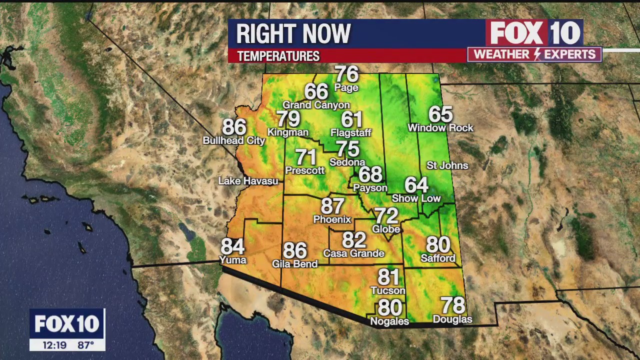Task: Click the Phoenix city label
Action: (x=332, y=219)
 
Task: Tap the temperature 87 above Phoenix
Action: (x=332, y=205)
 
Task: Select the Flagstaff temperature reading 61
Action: (x=351, y=119)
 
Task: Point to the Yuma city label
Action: (x=233, y=260)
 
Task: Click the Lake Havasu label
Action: (x=248, y=181)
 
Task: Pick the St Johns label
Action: (x=447, y=165)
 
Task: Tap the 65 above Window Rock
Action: (x=440, y=114)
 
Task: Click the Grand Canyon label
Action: (x=316, y=105)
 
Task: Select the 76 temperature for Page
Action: (x=346, y=74)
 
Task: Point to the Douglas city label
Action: (x=452, y=319)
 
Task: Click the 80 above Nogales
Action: (x=389, y=307)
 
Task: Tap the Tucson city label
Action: (x=388, y=290)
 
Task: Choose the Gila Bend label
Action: (x=294, y=263)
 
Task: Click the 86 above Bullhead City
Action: (x=234, y=127)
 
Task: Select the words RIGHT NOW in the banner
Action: (x=293, y=34)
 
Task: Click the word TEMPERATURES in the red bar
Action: (x=278, y=56)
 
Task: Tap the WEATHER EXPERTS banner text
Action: (x=534, y=54)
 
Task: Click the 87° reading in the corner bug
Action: (x=86, y=345)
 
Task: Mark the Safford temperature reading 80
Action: (x=438, y=245)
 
